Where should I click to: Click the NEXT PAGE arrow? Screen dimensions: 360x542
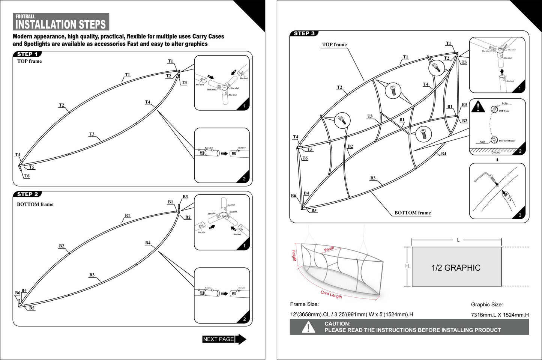tap(224, 339)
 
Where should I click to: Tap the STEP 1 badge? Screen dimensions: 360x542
tap(27, 54)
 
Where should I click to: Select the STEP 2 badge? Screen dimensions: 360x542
tap(27, 194)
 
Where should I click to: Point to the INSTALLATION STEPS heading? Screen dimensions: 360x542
tap(61, 24)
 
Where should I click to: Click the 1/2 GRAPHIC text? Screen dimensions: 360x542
tap(456, 268)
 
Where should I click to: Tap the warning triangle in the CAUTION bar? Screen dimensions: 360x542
tap(308, 327)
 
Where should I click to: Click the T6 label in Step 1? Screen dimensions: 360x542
tap(27, 176)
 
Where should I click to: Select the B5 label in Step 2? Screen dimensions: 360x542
tap(32, 308)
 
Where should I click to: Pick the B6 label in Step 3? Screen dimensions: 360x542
tap(293, 196)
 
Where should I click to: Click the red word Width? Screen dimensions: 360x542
tap(329, 249)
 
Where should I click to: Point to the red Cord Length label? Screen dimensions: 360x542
tap(331, 295)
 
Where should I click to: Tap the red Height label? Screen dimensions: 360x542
tap(294, 255)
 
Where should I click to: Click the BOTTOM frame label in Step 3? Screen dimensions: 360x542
tap(413, 213)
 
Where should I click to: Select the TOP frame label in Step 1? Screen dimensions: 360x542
tap(30, 61)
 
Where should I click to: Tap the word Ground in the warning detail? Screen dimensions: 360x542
tap(496, 152)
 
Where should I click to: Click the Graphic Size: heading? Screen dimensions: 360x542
tap(487, 305)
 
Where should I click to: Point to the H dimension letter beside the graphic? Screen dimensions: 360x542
tap(407, 266)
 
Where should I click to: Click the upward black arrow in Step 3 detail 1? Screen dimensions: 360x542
tap(501, 72)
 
